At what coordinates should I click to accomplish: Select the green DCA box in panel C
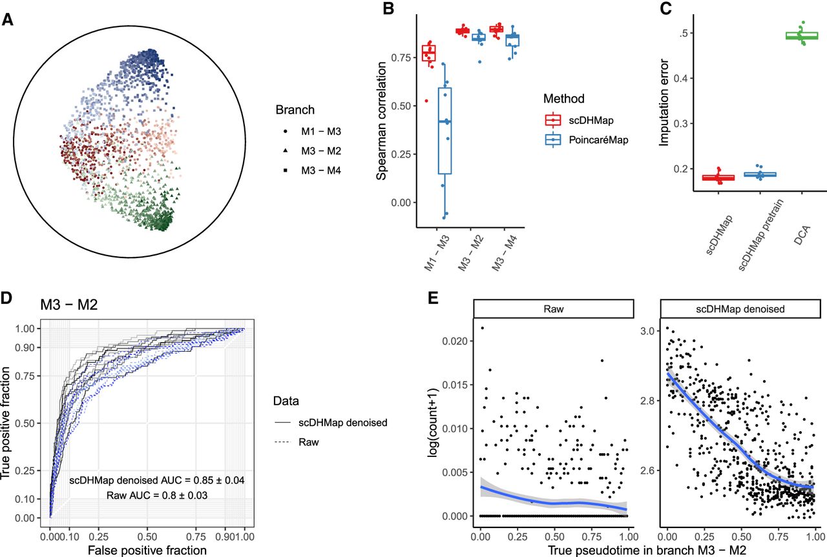pos(802,35)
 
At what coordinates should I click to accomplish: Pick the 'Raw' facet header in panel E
pos(552,309)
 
